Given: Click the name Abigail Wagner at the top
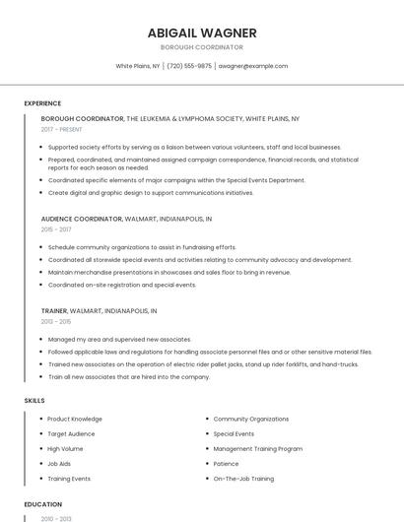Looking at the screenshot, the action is (x=201, y=33).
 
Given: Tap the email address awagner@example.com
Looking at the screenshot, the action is (x=253, y=66).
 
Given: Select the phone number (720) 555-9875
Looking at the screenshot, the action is (x=189, y=66).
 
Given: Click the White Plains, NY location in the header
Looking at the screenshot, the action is (x=137, y=66).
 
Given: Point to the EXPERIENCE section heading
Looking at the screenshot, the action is (x=42, y=103).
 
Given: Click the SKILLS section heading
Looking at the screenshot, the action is (x=34, y=401).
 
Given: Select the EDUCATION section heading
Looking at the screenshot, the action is (x=42, y=504).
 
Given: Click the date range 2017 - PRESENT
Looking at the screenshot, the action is (x=62, y=129).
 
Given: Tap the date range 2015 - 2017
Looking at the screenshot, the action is (x=55, y=228).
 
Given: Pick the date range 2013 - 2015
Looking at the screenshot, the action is (x=55, y=321).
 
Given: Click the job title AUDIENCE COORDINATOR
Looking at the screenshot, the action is (x=82, y=218).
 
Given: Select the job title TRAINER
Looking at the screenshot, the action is (x=54, y=310).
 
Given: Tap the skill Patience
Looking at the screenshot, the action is (x=227, y=463).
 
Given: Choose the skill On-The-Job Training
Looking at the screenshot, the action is (x=243, y=479).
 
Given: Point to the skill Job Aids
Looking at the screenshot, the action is (x=59, y=463).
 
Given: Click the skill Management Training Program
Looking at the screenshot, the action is (x=257, y=448).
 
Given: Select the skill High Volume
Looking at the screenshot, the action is (x=65, y=448).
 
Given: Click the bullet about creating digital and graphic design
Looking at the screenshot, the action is (x=151, y=193).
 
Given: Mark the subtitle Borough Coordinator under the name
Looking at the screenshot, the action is (x=201, y=47).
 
